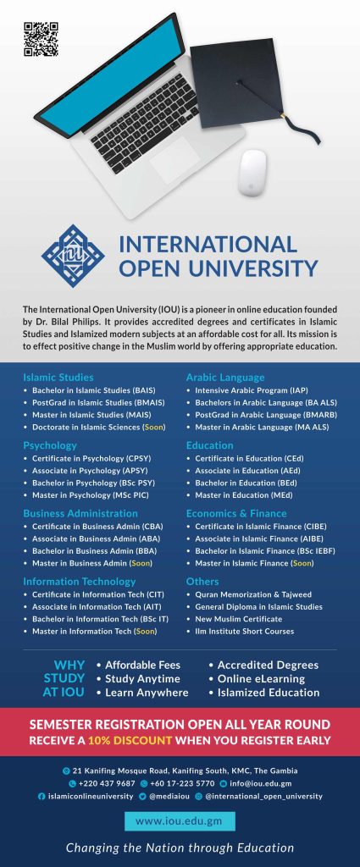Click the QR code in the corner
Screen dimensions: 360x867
point(41,39)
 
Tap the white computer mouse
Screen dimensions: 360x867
point(253,173)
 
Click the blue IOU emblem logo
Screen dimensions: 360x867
point(73,255)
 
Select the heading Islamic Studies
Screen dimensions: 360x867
point(58,377)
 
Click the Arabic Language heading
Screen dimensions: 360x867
point(225,377)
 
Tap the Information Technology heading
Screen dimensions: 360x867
point(80,582)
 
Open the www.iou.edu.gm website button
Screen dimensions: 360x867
point(180,820)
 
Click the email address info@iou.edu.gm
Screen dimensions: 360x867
point(259,783)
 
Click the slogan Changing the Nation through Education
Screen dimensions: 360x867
point(180,848)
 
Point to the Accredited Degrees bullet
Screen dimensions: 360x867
point(268,665)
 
